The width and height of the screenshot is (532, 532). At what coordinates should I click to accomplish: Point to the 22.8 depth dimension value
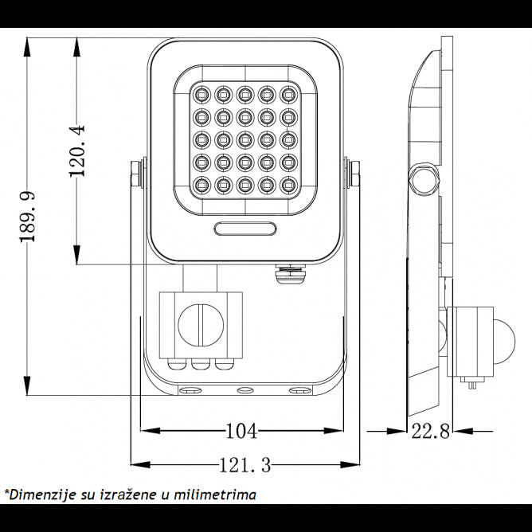pos(431,432)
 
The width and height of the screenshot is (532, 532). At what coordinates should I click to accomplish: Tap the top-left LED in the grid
pos(200,96)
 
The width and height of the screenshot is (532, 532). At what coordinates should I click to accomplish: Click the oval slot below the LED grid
pos(245,229)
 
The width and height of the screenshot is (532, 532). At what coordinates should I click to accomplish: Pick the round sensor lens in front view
pos(199,325)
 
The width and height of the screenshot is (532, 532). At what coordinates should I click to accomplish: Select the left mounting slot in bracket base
pos(190,391)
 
